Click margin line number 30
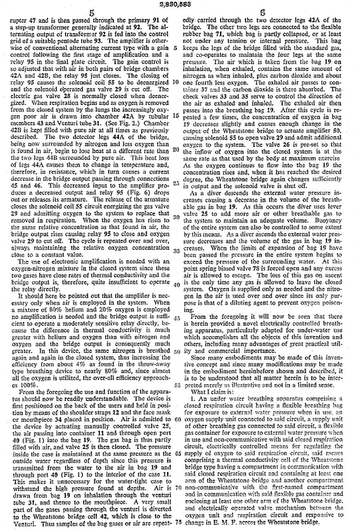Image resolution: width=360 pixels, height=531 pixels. (176, 218)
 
